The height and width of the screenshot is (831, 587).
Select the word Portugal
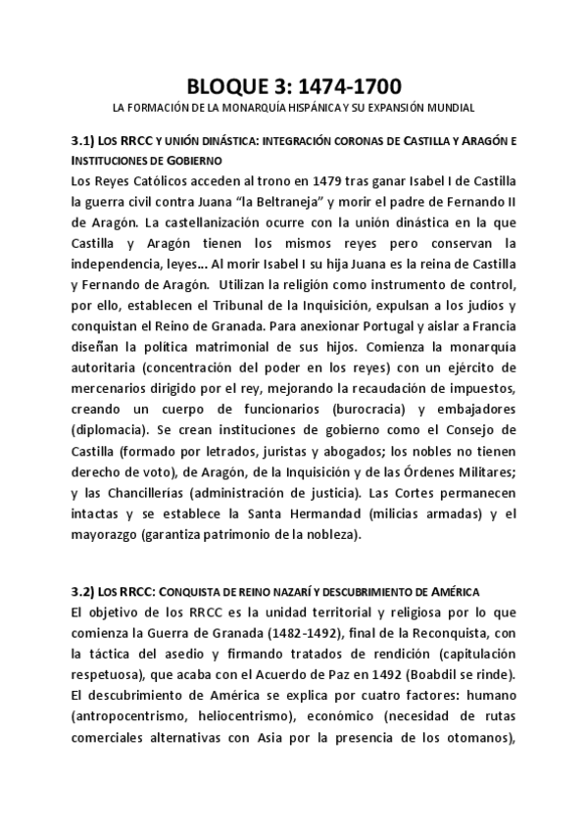pyautogui.click(x=352, y=311)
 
